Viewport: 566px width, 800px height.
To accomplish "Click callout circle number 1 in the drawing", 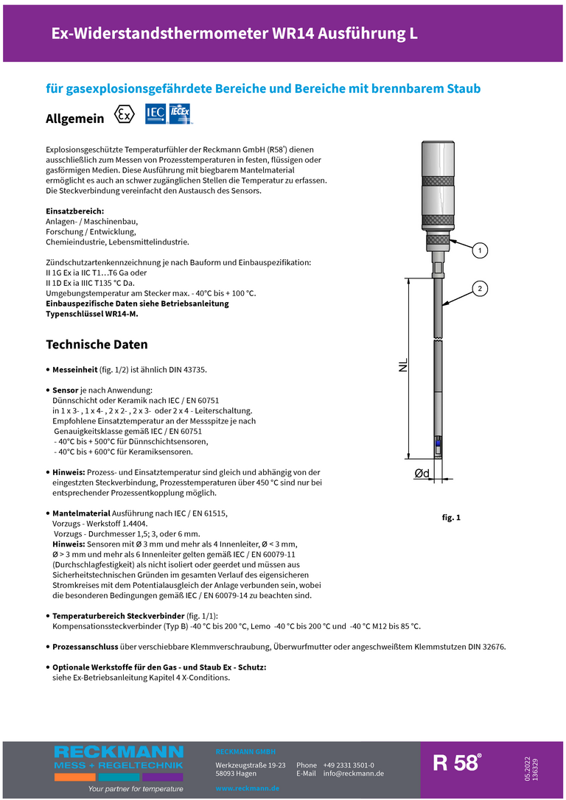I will pos(479,251).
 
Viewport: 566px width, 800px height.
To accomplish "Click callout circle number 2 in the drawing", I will pos(479,288).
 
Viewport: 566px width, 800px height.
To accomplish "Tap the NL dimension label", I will pos(403,365).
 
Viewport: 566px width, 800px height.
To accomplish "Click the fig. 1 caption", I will pos(451,518).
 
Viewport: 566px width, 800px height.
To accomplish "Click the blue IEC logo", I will pos(155,113).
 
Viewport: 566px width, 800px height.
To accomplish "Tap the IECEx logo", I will pos(180,113).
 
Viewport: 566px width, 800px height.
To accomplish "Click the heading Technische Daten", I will pos(97,345).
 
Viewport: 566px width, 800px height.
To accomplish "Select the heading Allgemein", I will pos(74,119).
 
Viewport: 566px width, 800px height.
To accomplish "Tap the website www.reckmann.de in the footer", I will pos(247,788).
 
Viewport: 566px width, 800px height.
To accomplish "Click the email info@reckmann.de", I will pos(353,773).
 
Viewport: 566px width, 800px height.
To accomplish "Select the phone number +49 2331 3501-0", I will pos(348,765).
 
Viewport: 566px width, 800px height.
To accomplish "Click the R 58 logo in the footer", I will pos(456,764).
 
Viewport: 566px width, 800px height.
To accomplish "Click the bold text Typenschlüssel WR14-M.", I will pos(91,314).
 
